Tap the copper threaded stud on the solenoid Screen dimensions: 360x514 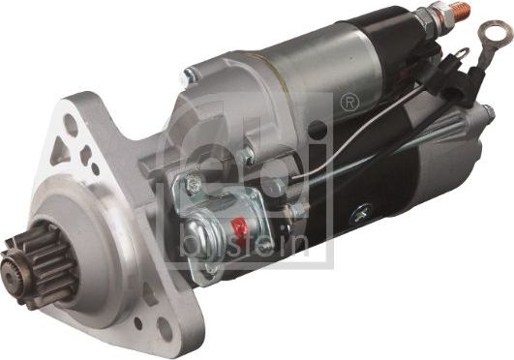pyautogui.click(x=452, y=12)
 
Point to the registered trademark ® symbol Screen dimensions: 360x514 pyautogui.click(x=349, y=97)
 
